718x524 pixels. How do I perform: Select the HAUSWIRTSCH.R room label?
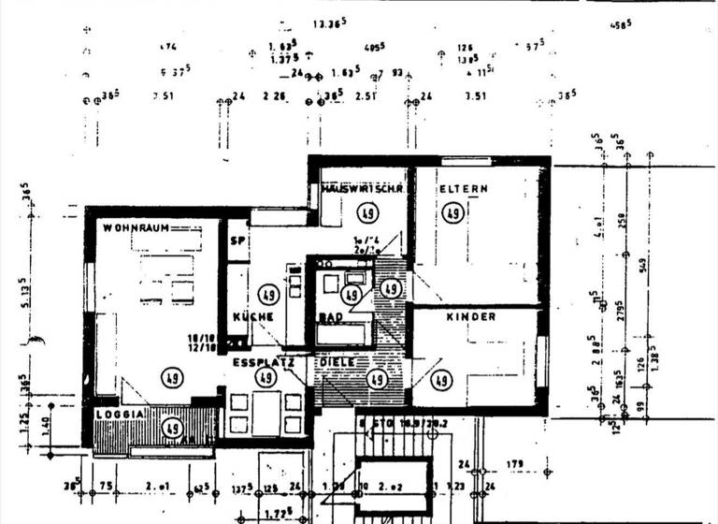click(x=362, y=189)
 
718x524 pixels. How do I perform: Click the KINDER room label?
click(x=470, y=317)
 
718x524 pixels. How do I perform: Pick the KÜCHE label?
click(x=252, y=317)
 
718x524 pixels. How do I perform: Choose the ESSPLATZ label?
click(x=264, y=361)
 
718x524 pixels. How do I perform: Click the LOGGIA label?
click(x=119, y=414)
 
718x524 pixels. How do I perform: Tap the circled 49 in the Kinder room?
click(x=440, y=380)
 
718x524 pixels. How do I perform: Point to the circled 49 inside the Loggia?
click(x=171, y=429)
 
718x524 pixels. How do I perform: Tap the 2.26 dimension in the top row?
click(x=274, y=95)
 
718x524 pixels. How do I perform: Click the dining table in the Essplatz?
click(x=266, y=410)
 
